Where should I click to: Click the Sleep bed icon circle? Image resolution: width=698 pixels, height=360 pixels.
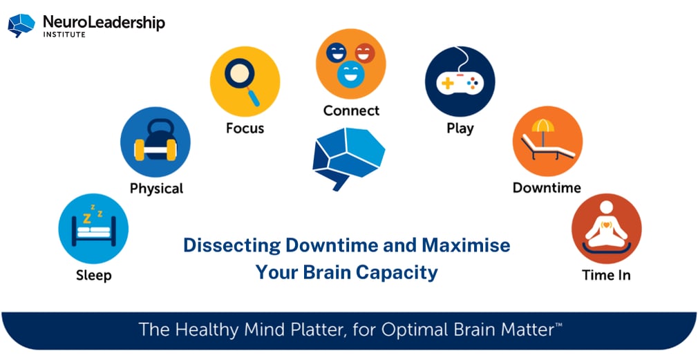93,229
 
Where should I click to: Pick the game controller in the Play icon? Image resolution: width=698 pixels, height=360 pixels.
460,82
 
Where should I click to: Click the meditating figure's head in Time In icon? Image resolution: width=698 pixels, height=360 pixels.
607,208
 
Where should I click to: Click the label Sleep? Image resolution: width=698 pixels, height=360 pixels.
93,275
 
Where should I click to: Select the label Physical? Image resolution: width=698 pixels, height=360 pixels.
156,188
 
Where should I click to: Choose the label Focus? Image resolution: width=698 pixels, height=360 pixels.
245,128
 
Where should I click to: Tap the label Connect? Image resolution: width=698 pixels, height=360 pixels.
351,111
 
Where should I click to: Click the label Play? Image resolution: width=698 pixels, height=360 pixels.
460,128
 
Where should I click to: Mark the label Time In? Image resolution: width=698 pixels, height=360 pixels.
606,275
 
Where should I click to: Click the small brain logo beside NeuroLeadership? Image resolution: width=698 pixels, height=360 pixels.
21,24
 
